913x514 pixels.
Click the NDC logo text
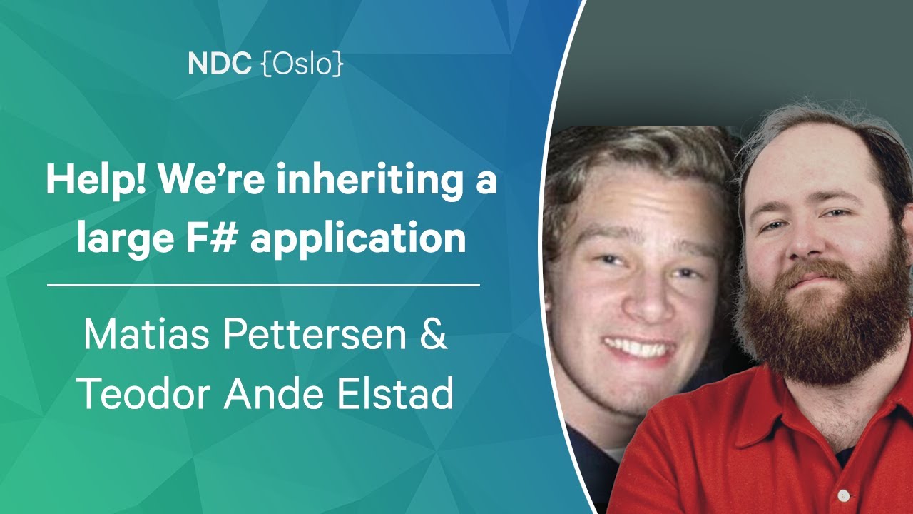(x=219, y=64)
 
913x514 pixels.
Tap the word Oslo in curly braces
(x=302, y=64)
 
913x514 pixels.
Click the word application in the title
(x=358, y=240)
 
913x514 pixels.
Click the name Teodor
(x=143, y=393)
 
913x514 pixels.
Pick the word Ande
(x=273, y=393)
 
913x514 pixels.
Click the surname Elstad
(x=395, y=393)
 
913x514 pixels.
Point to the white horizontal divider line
(x=263, y=285)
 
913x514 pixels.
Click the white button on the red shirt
(x=844, y=495)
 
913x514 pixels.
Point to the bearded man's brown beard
(x=820, y=326)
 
